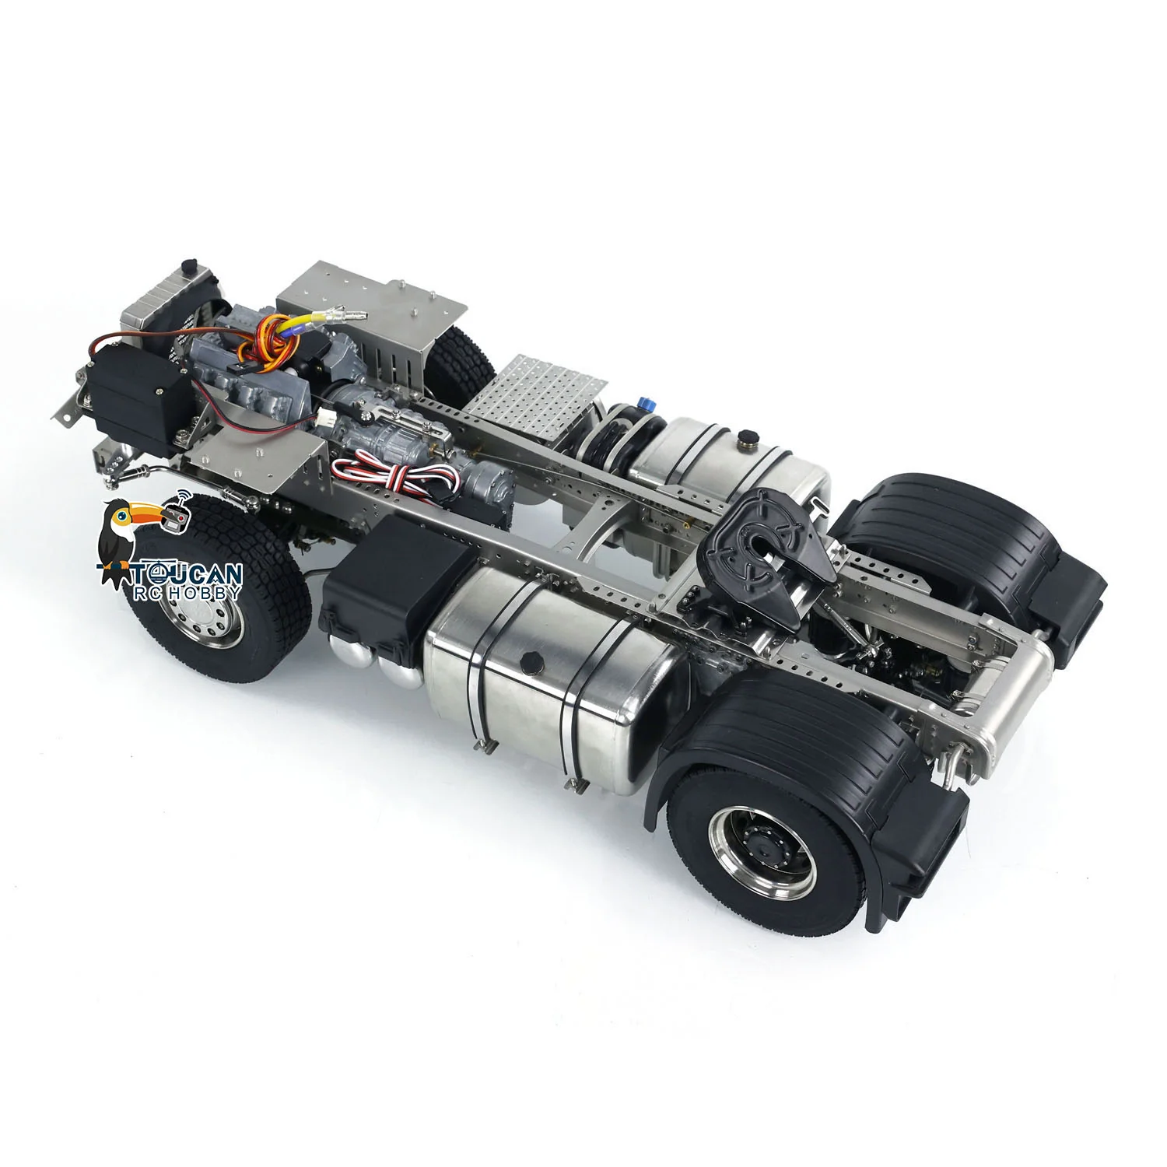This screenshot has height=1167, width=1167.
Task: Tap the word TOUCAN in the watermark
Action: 187,574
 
